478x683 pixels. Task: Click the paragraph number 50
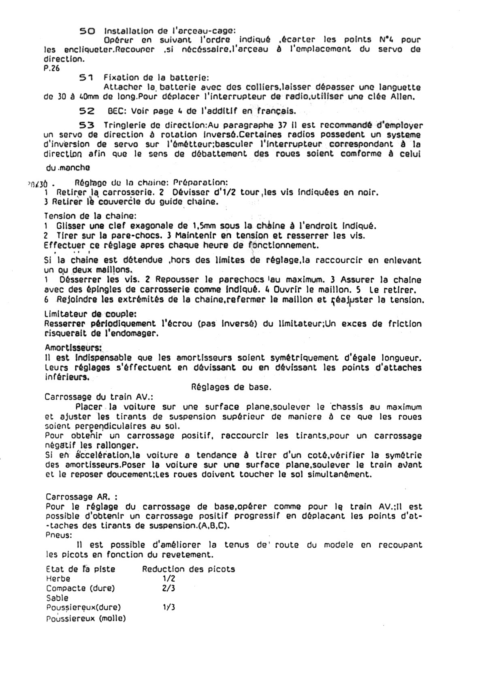(87, 31)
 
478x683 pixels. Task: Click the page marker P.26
(52, 68)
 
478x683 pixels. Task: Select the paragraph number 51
(87, 77)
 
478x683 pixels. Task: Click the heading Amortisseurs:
(73, 348)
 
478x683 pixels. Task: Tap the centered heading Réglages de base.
(231, 387)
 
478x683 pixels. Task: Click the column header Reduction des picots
(188, 569)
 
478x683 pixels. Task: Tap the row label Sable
(57, 597)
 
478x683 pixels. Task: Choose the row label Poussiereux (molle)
(86, 618)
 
